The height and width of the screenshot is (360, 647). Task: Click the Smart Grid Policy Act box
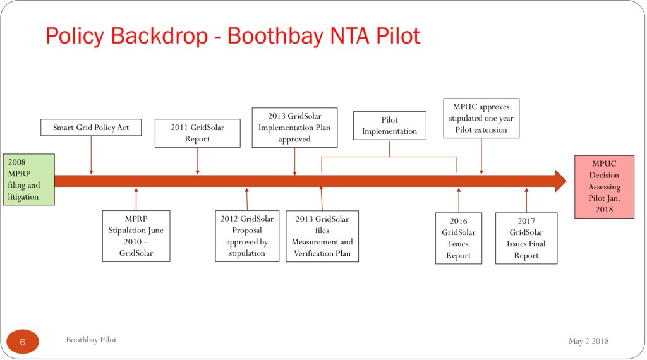(x=91, y=128)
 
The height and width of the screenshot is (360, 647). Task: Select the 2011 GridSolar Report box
(x=198, y=133)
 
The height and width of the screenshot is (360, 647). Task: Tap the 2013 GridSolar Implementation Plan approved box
(x=294, y=128)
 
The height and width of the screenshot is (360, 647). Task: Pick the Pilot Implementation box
(x=389, y=125)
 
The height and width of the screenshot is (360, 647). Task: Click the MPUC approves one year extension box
(x=481, y=118)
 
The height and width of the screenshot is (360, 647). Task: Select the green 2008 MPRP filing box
(x=29, y=179)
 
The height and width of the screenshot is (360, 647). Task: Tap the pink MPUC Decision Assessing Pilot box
(x=604, y=186)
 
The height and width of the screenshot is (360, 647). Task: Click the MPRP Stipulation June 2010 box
(x=136, y=236)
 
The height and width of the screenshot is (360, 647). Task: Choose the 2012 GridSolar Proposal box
(x=247, y=236)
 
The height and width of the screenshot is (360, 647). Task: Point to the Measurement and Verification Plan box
(x=322, y=236)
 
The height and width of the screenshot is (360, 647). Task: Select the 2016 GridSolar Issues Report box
(x=459, y=238)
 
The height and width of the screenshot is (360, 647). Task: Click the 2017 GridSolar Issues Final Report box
(x=526, y=238)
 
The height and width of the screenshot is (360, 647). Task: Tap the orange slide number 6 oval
(x=23, y=342)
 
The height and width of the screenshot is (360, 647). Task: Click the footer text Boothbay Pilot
(x=91, y=340)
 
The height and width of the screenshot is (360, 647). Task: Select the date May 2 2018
(x=588, y=341)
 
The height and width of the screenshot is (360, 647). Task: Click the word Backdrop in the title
(x=159, y=36)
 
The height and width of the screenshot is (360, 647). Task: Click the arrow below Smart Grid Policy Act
(x=91, y=155)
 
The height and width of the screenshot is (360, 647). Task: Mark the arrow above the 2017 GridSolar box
(x=526, y=200)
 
